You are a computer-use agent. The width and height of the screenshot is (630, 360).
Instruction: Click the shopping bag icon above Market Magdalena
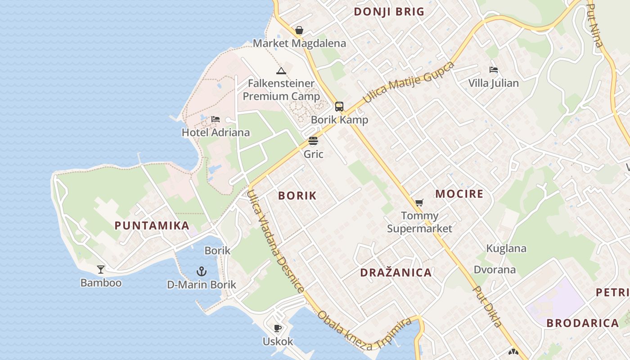tap(299, 31)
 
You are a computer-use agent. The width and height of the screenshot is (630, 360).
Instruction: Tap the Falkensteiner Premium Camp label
tap(281, 90)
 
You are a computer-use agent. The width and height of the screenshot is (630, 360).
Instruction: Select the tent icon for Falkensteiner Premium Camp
tap(281, 71)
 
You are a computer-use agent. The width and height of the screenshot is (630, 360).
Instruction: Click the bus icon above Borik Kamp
tap(339, 107)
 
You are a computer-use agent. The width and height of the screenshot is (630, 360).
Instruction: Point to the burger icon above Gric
tap(313, 141)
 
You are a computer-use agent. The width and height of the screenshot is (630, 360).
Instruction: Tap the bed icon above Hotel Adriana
tap(216, 119)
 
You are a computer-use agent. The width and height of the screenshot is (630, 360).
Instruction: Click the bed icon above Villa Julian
tap(494, 70)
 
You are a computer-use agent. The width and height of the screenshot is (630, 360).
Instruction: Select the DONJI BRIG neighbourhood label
tap(389, 12)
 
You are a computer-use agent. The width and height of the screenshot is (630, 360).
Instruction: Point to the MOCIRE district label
tap(459, 194)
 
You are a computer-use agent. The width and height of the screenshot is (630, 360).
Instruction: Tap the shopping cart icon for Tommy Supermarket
tap(419, 203)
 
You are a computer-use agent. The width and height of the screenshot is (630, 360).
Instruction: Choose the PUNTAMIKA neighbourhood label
tap(152, 225)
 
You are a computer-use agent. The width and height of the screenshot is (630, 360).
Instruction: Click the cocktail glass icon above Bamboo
tap(101, 270)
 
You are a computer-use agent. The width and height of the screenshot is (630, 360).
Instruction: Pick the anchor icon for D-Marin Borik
tap(202, 271)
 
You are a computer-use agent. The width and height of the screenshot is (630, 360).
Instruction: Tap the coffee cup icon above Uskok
tap(278, 328)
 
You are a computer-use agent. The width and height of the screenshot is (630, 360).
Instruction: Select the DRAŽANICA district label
tap(396, 272)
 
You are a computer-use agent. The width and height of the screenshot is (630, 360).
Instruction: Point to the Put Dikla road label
tap(487, 306)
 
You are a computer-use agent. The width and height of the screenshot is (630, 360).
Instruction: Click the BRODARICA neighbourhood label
tap(582, 323)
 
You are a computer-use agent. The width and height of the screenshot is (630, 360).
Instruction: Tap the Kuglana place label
tap(506, 248)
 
